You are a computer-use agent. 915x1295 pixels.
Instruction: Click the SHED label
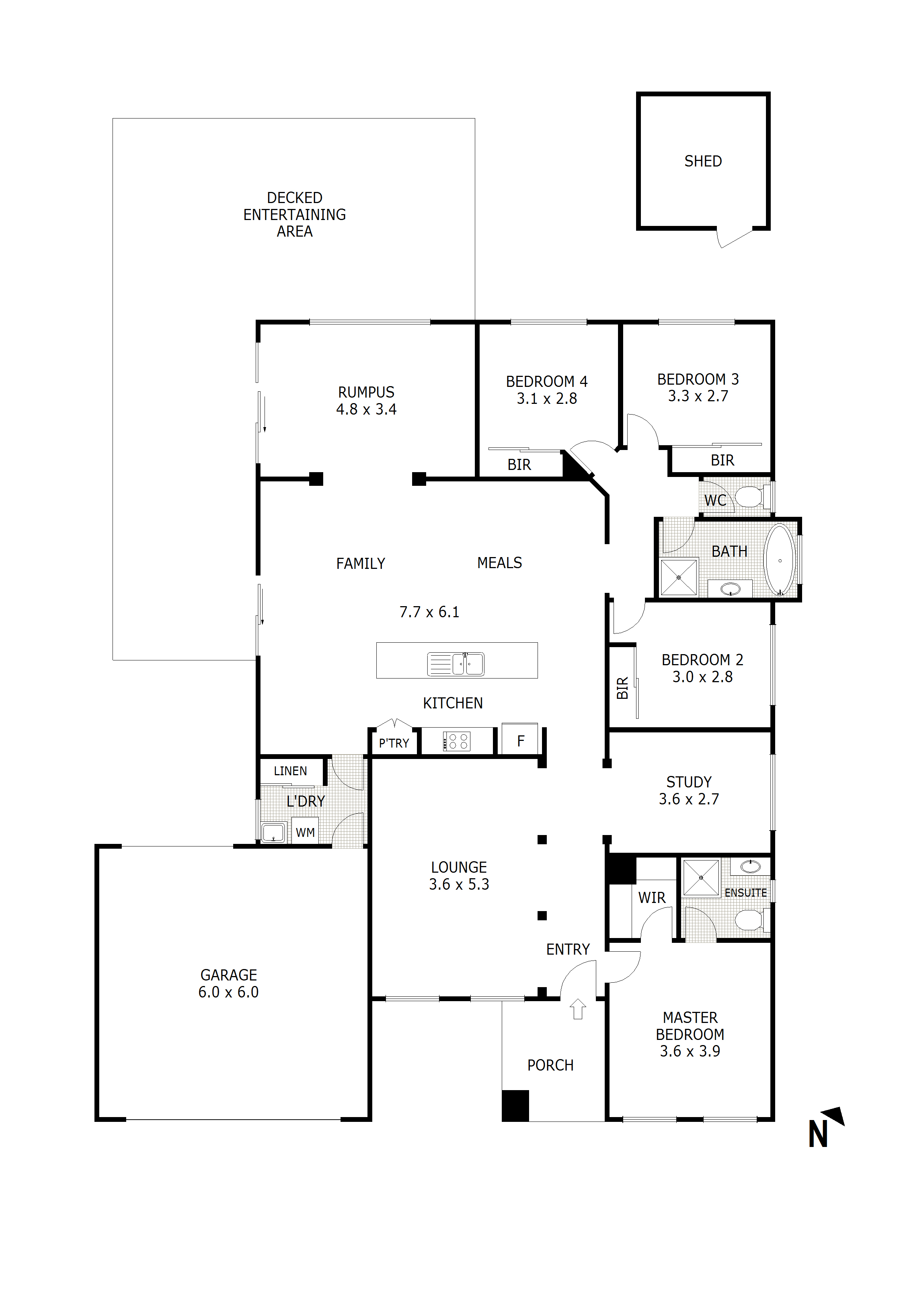coord(702,161)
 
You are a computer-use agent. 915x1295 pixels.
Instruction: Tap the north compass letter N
coord(818,1134)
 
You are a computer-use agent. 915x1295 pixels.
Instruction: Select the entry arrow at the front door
coord(578,1009)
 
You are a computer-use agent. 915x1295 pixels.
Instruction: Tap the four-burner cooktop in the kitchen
coord(457,741)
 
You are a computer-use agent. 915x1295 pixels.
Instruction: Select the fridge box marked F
coord(520,741)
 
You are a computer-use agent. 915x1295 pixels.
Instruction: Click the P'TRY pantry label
coord(394,743)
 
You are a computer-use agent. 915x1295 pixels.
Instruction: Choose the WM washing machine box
coord(305,832)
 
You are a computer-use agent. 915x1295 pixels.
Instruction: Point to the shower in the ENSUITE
coord(701,877)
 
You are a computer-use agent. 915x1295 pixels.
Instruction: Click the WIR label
coord(652,898)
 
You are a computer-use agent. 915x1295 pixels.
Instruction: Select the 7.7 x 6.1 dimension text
coord(429,612)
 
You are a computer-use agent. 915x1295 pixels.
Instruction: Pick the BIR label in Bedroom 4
coord(519,465)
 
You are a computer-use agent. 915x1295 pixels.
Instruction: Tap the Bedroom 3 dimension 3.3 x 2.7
coord(698,396)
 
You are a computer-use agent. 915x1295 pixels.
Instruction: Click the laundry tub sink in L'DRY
coord(273,832)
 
